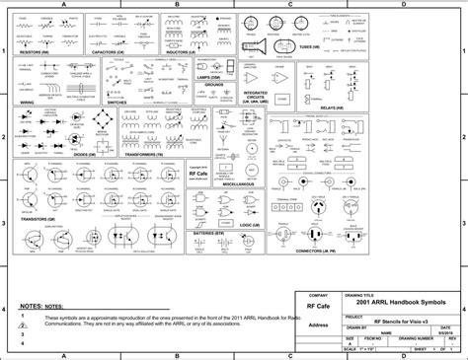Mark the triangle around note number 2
pos(24,326)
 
